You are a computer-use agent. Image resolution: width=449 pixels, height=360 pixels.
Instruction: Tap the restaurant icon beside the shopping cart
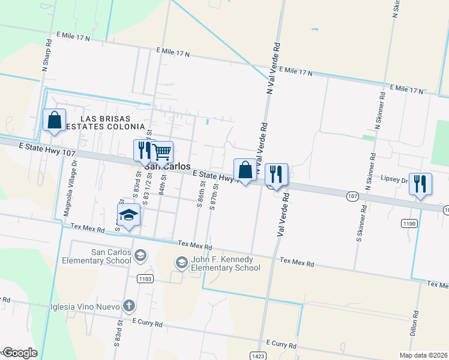[x=143, y=149]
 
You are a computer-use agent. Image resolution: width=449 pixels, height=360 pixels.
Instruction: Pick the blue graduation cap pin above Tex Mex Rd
[x=128, y=215]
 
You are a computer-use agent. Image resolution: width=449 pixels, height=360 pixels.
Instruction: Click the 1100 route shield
[x=409, y=223]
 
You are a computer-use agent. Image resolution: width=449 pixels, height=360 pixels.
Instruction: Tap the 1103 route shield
[x=145, y=278]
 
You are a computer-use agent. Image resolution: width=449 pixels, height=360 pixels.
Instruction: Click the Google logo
[x=19, y=353]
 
